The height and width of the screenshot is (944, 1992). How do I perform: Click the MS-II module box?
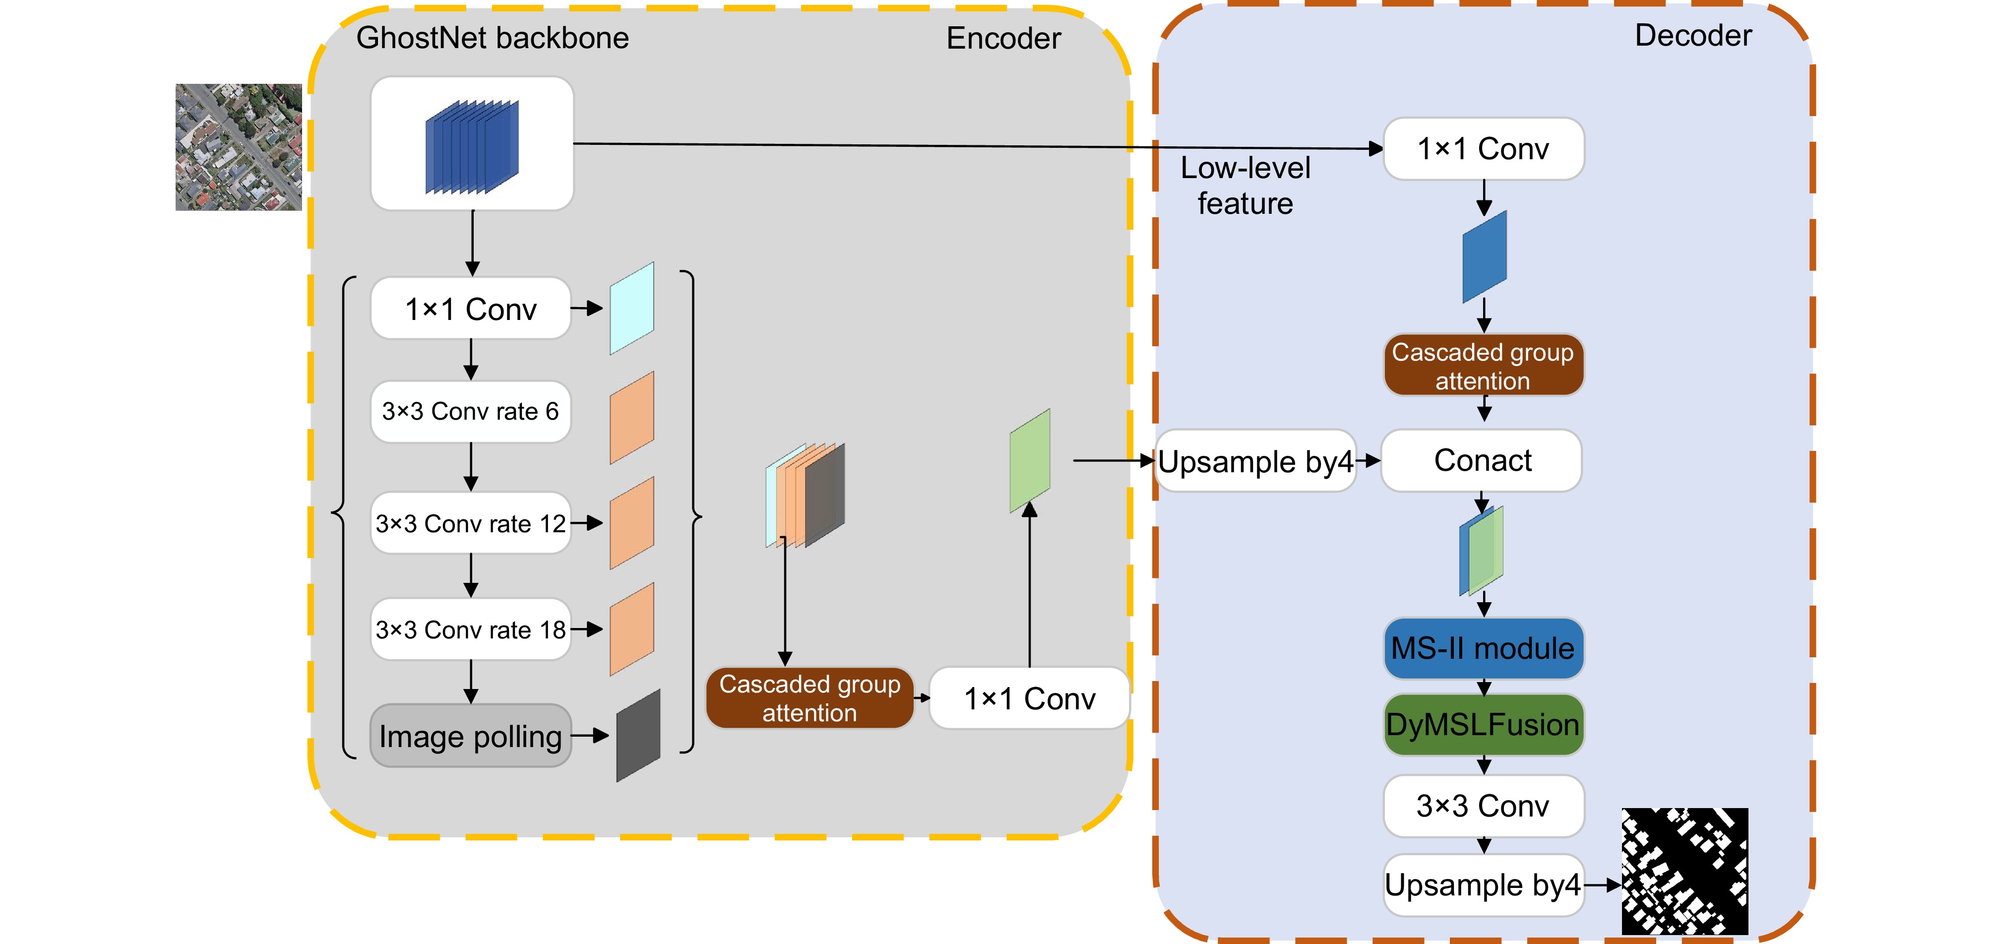[1483, 648]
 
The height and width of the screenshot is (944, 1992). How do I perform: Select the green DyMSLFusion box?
[1483, 724]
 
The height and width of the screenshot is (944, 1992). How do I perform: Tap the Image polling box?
[470, 736]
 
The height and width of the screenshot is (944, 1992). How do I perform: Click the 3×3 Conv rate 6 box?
[470, 411]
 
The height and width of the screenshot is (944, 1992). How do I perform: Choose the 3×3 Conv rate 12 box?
[470, 523]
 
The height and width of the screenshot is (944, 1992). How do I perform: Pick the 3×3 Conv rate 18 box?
[470, 629]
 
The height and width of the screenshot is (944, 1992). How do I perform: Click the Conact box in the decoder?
[1482, 461]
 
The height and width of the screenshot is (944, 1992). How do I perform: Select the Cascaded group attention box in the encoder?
[809, 698]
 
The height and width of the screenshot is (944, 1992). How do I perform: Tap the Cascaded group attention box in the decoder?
[1483, 366]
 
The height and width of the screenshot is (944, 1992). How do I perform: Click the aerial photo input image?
[238, 147]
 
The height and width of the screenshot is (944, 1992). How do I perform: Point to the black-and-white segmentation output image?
[1684, 871]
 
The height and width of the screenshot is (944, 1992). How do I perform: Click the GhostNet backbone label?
[492, 38]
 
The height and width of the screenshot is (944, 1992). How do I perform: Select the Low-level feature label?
[1245, 186]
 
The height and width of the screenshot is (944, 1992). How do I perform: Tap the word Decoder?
[1693, 36]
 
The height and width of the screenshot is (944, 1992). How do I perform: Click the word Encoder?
[1003, 39]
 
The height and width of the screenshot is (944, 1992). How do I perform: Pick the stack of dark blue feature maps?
[472, 146]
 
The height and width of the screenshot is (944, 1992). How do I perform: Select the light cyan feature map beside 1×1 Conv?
[632, 309]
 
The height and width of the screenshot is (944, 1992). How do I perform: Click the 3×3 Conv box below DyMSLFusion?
[1483, 806]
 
